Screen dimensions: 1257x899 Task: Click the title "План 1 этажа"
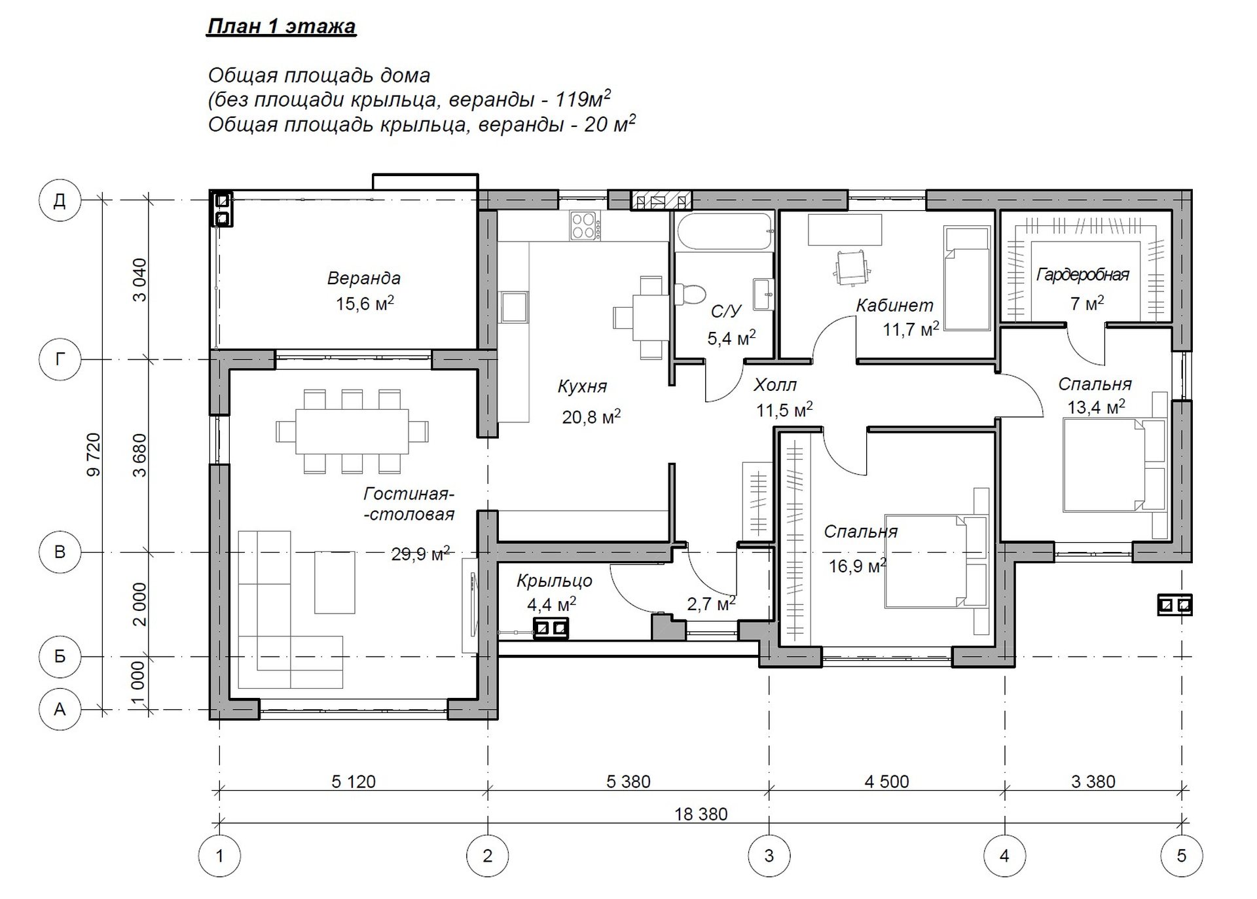[282, 26]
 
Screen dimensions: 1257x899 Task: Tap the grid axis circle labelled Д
[60, 200]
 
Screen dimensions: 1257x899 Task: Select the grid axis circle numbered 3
[769, 855]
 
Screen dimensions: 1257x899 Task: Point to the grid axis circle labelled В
[60, 552]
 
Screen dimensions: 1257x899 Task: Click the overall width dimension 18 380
[701, 814]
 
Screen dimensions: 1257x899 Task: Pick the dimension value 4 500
[886, 781]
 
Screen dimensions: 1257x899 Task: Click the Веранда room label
[364, 278]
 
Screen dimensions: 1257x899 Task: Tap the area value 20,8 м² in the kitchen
[591, 416]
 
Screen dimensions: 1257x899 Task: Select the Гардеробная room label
[1083, 274]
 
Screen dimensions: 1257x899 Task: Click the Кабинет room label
[894, 305]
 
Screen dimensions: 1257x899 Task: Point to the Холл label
[775, 384]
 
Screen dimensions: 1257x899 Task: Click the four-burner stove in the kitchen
[585, 226]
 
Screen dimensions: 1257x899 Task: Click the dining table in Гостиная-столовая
[352, 431]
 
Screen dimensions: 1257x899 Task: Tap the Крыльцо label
[555, 581]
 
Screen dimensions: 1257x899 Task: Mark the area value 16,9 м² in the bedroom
[858, 565]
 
